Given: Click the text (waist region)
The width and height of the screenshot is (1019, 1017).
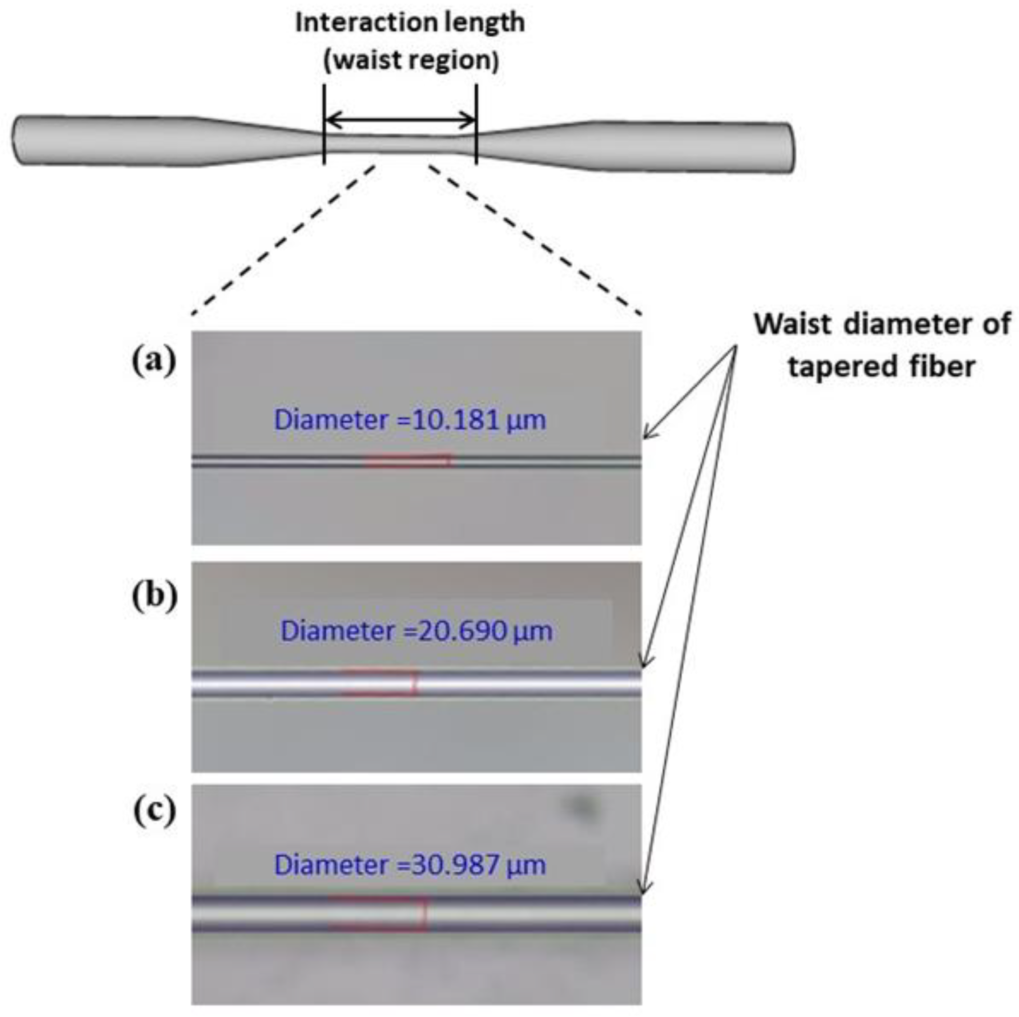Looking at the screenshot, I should [x=410, y=60].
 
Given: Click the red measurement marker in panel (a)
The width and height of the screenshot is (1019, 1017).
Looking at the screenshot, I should [x=408, y=460].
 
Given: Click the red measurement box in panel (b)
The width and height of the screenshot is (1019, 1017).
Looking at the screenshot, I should [x=379, y=683].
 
